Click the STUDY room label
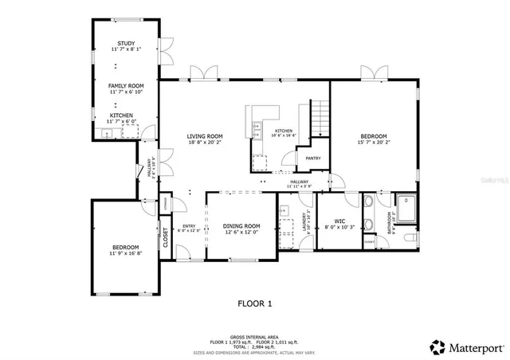(126, 43)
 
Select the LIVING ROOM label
(205, 136)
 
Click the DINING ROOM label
(242, 225)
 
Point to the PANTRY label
(313, 158)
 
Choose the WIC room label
(339, 221)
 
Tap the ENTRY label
(189, 226)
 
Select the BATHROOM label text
(390, 223)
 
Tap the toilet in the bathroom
(410, 237)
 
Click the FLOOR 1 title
(255, 303)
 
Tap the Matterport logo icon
(438, 347)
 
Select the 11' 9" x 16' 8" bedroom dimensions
(126, 253)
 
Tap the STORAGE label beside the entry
(165, 205)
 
